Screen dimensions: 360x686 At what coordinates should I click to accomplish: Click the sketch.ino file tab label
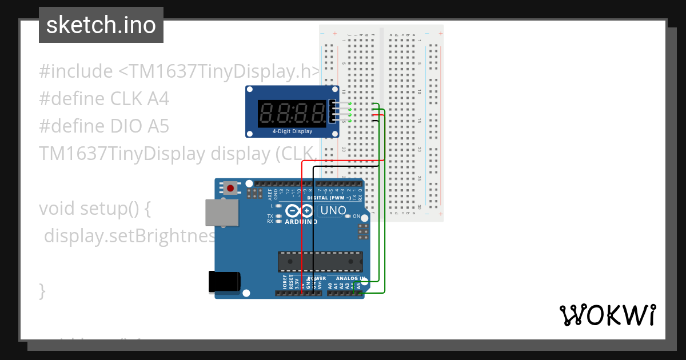pyautogui.click(x=101, y=25)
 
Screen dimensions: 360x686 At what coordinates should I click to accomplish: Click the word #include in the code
pyautogui.click(x=75, y=71)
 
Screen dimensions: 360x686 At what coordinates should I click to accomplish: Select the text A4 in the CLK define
pyautogui.click(x=158, y=99)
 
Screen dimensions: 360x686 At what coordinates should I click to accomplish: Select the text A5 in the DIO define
pyautogui.click(x=158, y=126)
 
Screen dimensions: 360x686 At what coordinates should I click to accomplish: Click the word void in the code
pyautogui.click(x=57, y=209)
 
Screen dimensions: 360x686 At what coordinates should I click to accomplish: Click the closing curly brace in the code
pyautogui.click(x=42, y=291)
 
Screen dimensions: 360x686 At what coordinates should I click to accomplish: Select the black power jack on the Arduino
pyautogui.click(x=224, y=282)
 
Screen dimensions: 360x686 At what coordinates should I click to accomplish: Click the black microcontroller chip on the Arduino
pyautogui.click(x=320, y=261)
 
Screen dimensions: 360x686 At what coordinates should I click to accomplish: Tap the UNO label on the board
pyautogui.click(x=333, y=210)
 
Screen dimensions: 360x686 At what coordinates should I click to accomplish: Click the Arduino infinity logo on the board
pyautogui.click(x=301, y=210)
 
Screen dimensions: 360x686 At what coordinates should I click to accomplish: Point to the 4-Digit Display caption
pyautogui.click(x=292, y=131)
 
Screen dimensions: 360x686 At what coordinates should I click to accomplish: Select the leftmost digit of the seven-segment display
pyautogui.click(x=266, y=113)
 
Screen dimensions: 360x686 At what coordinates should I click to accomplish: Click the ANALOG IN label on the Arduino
pyautogui.click(x=350, y=278)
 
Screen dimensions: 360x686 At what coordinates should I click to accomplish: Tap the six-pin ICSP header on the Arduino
pyautogui.click(x=362, y=231)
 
